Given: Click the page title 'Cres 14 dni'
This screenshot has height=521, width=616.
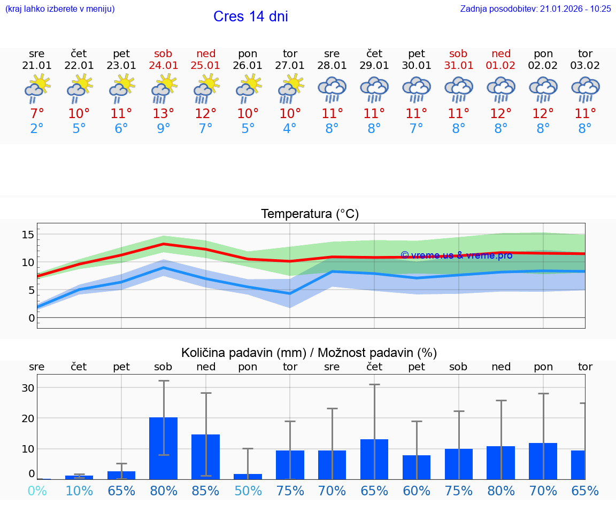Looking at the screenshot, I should tap(250, 17).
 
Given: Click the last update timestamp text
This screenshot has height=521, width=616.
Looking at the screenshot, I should tap(535, 9).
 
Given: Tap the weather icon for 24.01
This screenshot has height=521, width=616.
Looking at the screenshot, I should tap(164, 88).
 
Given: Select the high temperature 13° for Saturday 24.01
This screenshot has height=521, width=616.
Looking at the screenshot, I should tap(164, 114).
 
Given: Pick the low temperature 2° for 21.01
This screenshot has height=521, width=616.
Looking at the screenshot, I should tap(37, 129).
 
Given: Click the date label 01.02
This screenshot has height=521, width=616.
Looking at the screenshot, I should tap(501, 65).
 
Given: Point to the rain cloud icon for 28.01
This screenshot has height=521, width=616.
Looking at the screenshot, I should tap(332, 89).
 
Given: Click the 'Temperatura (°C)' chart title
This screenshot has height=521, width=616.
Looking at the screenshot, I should tap(310, 214).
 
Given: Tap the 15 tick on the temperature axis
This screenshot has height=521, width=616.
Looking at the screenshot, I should tap(28, 234).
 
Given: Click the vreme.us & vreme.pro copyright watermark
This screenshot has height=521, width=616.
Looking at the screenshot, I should tap(456, 255).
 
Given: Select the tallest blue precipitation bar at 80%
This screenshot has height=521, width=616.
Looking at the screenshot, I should tap(164, 448).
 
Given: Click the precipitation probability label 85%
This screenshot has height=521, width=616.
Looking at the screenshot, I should tap(206, 491).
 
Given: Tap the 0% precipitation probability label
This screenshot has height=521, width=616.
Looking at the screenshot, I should tap(37, 491).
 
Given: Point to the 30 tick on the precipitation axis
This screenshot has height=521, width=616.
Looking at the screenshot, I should tap(28, 387).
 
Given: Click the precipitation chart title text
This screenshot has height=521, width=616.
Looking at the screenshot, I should tap(309, 353).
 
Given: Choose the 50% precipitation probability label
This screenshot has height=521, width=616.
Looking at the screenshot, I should tap(248, 491).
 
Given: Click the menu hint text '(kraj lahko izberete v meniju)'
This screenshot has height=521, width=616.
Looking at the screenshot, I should tap(60, 9).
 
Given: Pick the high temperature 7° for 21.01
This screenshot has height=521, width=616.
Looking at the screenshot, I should tap(37, 114).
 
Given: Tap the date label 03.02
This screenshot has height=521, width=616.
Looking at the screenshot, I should tap(586, 65).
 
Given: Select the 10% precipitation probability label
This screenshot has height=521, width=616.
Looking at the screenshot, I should tap(79, 491).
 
